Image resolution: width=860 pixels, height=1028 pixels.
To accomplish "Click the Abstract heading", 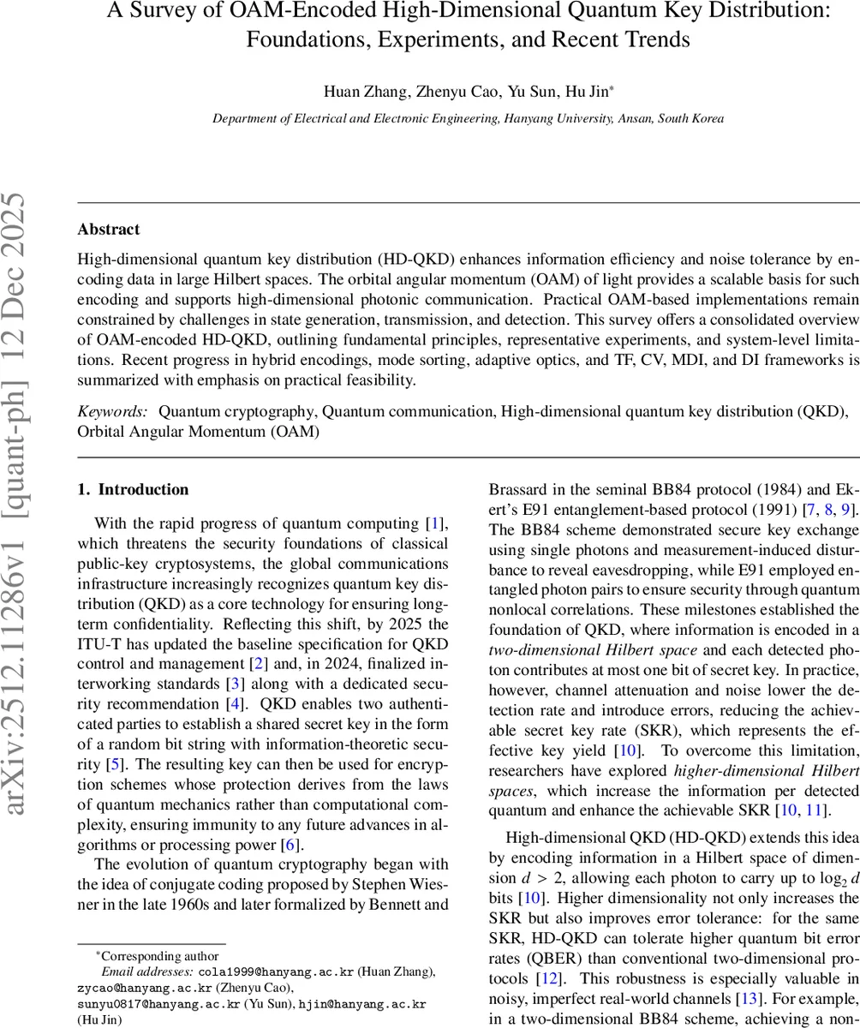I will pos(108,230).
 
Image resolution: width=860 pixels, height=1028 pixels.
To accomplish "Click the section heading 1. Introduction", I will pos(133,490).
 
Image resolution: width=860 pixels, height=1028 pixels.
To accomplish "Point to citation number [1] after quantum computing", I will pos(436,523).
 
